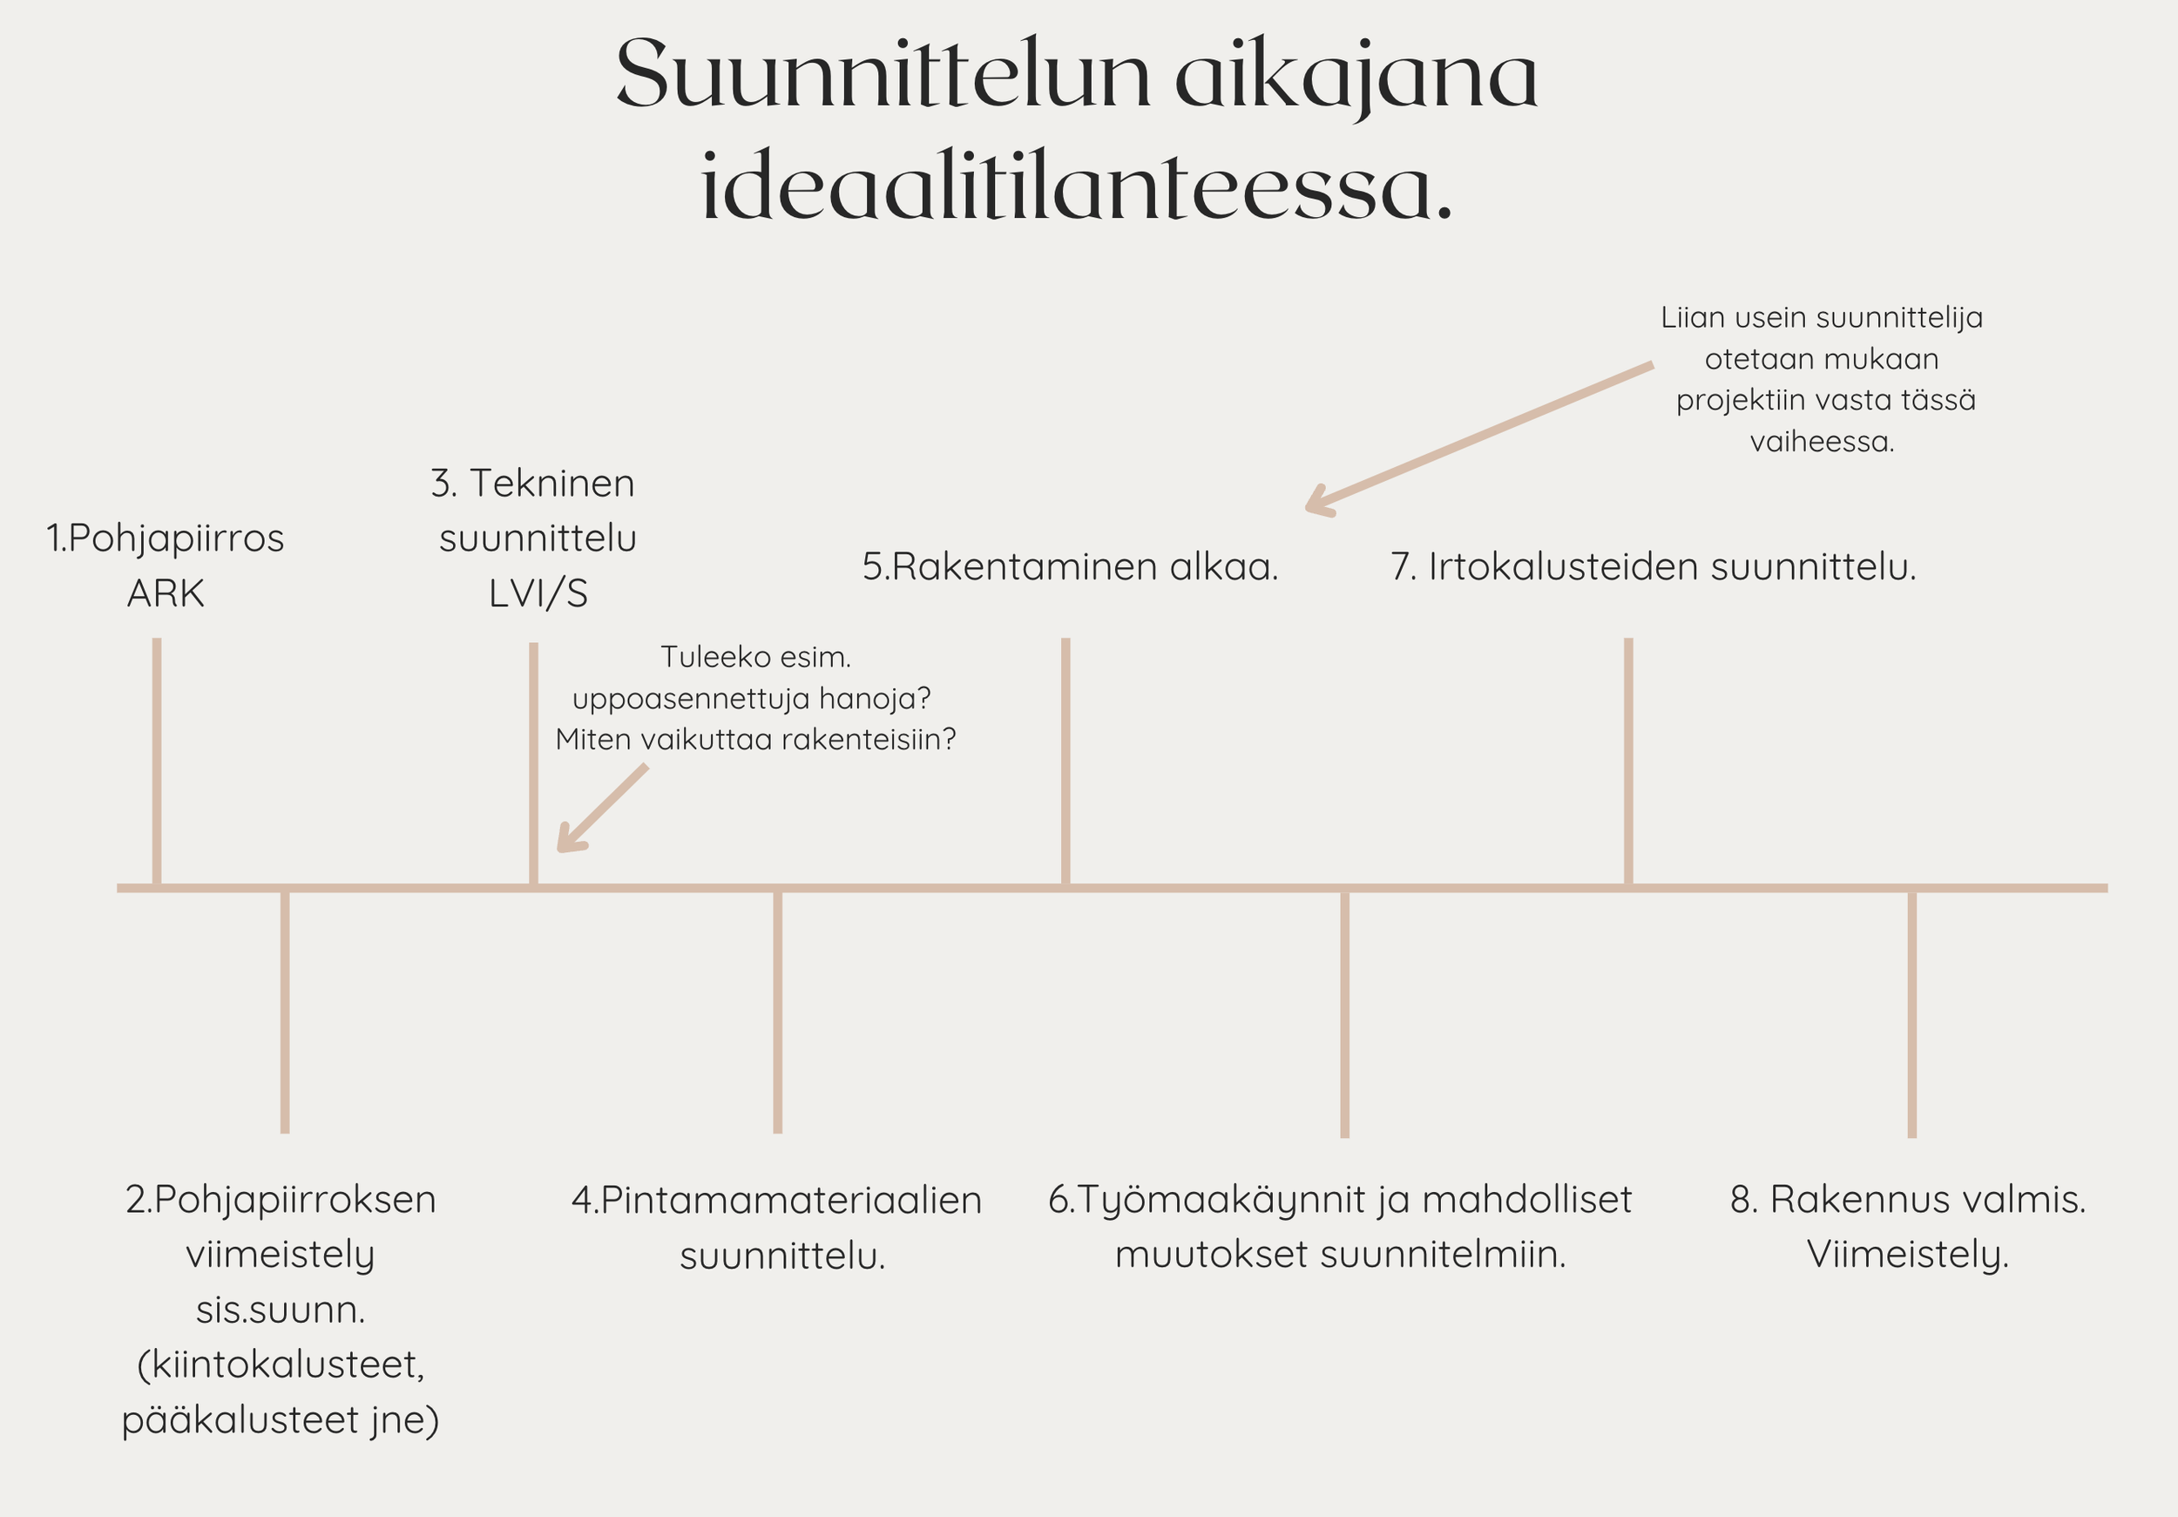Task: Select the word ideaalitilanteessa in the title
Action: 1076,188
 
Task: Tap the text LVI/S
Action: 538,594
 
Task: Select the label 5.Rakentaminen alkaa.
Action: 1070,567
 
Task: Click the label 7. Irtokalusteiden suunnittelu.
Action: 1654,567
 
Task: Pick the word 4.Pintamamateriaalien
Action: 776,1200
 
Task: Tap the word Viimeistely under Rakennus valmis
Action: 1908,1255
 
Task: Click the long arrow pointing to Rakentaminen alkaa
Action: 1480,438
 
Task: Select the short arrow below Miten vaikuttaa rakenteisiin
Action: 601,809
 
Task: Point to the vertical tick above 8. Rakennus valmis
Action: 1911,1012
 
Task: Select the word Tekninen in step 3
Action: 551,484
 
